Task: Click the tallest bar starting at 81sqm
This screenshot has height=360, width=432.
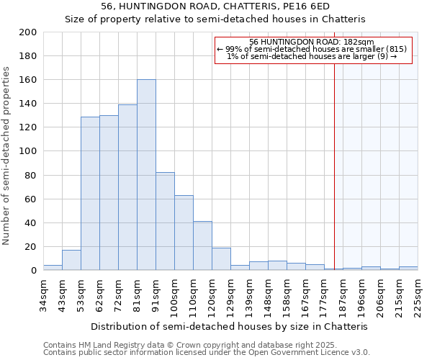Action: click(x=146, y=175)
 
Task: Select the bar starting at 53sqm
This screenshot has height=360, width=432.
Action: click(x=90, y=194)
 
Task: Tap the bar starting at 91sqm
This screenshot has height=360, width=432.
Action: click(x=165, y=221)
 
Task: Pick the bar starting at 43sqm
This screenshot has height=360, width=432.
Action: click(x=71, y=260)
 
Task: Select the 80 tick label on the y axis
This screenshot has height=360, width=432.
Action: click(x=31, y=175)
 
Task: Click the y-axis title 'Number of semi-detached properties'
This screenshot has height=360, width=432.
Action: click(x=7, y=156)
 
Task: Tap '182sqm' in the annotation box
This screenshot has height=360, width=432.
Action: click(x=359, y=42)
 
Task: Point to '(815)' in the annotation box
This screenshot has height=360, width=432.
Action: click(x=395, y=49)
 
